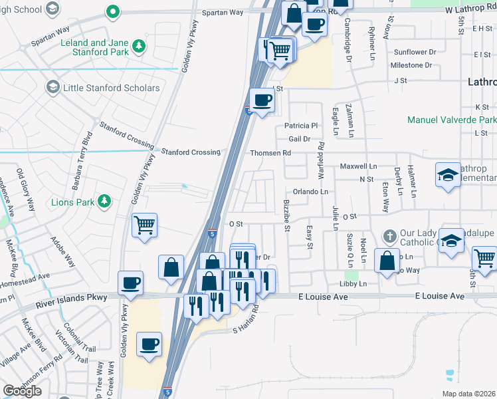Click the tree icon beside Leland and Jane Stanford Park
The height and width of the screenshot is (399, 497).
138,46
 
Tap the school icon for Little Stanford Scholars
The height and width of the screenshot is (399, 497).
52,87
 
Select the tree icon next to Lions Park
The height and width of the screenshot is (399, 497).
104,200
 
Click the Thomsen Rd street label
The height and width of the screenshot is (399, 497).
270,153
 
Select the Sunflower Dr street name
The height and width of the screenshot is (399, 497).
415,52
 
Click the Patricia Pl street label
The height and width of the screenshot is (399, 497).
302,125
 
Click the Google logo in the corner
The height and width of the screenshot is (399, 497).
22,391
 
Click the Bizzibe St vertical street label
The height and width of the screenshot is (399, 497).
287,215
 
